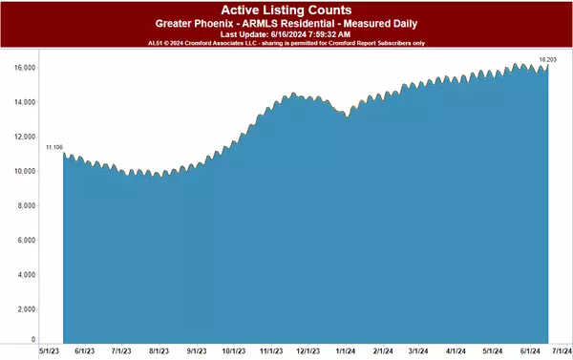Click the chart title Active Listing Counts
point(286,9)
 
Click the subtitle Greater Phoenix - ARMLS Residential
point(286,22)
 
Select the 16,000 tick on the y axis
point(23,68)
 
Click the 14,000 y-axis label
point(23,102)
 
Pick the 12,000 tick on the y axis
point(23,137)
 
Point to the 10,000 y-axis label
point(23,171)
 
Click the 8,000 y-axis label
point(25,205)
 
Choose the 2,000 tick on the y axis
point(25,309)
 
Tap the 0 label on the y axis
point(33,339)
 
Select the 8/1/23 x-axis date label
point(159,350)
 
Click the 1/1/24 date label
point(346,350)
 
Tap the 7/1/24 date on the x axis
point(560,350)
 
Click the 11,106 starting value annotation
point(54,146)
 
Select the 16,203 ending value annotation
point(547,59)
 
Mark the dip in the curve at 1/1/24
point(347,117)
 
